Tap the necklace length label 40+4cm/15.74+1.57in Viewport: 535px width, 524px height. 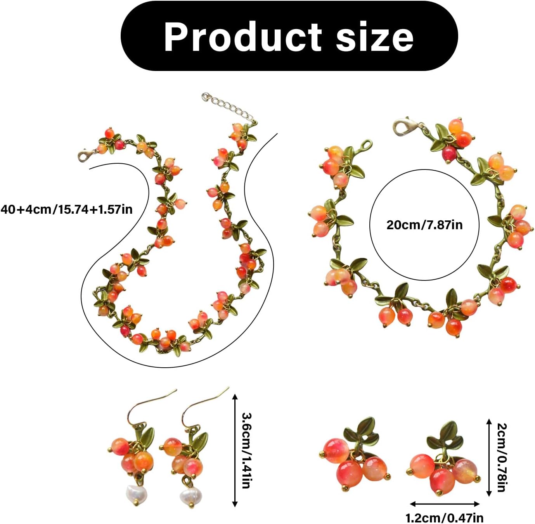click(x=66, y=209)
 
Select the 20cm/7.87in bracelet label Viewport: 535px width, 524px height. click(x=424, y=225)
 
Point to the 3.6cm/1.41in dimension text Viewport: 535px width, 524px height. click(x=247, y=450)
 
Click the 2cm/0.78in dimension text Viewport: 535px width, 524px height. click(x=502, y=457)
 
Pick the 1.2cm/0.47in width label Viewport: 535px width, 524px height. click(x=444, y=517)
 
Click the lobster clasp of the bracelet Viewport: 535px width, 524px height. click(x=403, y=126)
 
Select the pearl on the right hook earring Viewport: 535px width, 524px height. click(x=189, y=496)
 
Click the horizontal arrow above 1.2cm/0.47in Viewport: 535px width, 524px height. click(x=445, y=504)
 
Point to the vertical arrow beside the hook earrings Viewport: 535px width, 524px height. click(x=234, y=450)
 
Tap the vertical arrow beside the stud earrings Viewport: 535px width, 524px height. click(x=489, y=457)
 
